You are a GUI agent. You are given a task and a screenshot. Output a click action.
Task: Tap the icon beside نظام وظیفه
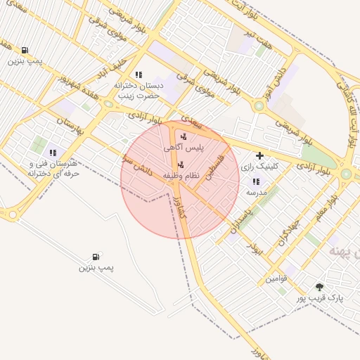coord(181,165)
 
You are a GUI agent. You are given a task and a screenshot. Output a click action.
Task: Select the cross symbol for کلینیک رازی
coord(260,155)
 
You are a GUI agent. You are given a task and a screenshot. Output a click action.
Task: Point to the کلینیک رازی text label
coord(259,167)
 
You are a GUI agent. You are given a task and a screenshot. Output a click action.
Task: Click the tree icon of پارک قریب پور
coord(320,287)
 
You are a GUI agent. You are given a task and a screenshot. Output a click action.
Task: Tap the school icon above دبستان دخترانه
coord(139,74)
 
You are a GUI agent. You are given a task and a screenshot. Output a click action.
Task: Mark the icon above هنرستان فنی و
coord(53,152)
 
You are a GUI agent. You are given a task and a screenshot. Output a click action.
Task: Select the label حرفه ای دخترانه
coord(51,172)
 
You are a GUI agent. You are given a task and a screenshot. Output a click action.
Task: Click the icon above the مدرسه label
coord(255,181)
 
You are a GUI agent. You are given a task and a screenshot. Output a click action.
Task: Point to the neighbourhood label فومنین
coord(276,279)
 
